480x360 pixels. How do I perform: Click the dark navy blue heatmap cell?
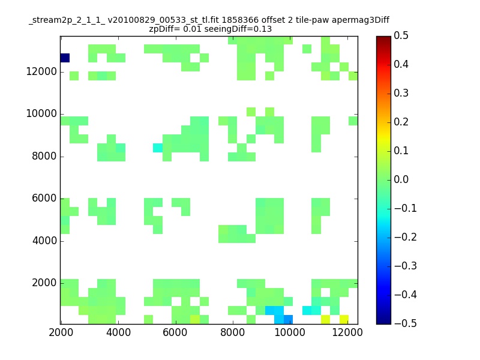point(65,58)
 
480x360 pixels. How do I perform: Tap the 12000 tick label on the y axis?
point(41,71)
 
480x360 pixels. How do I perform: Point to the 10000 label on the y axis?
point(41,114)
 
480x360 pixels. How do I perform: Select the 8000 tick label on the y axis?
point(44,156)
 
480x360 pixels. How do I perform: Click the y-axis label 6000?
point(44,199)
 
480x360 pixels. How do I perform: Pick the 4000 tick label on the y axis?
point(44,241)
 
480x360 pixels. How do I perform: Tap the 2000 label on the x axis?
point(61,332)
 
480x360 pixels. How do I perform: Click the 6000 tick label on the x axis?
point(175,332)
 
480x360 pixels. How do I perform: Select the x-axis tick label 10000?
point(290,332)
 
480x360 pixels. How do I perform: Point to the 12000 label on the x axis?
point(347,332)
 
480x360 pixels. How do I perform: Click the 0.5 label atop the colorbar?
point(401,36)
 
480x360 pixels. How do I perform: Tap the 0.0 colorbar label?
point(401,179)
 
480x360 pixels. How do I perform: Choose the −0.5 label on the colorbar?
point(406,323)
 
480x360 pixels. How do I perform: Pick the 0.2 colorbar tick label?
point(401,122)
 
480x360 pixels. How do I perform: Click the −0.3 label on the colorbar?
point(406,266)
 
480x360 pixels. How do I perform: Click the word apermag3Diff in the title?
point(361,20)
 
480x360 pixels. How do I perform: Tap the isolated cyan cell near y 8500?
point(158,148)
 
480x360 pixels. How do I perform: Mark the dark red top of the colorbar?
point(383,39)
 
